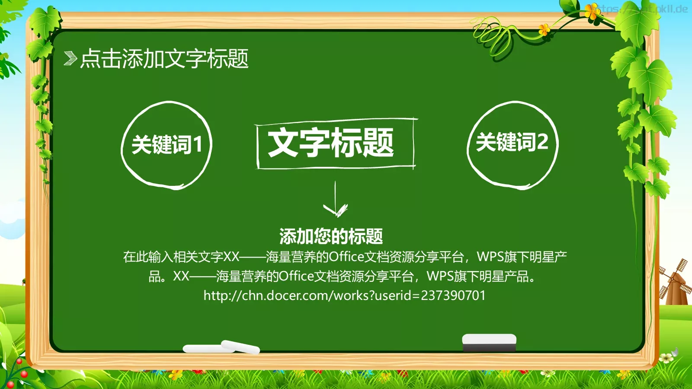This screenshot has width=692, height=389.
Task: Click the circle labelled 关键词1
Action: tap(167, 145)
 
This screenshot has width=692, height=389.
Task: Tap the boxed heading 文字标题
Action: tap(331, 143)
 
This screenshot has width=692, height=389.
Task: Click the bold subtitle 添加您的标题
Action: tap(331, 236)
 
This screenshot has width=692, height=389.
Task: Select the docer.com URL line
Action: tap(344, 296)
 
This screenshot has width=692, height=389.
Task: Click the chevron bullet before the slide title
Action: tap(70, 58)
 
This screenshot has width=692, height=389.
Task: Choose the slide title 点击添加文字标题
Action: tap(164, 58)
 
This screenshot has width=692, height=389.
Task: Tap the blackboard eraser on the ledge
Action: tap(489, 342)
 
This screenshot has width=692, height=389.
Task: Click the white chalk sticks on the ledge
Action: tap(221, 347)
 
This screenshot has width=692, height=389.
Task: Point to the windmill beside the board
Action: tap(674, 283)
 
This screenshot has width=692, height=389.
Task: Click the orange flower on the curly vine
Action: tap(544, 29)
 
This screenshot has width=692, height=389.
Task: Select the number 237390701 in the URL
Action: tap(453, 296)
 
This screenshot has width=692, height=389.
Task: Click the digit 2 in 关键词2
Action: tap(542, 142)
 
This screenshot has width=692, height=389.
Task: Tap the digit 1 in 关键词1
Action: tap(198, 144)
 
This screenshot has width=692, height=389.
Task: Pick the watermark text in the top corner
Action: tap(644, 9)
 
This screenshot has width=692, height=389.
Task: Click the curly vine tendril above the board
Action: tap(493, 35)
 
